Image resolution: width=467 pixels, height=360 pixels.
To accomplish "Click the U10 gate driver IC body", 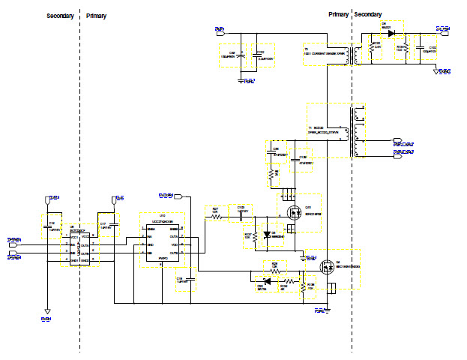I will [x=163, y=241].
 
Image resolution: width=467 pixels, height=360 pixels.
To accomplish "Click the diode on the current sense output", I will [x=391, y=33].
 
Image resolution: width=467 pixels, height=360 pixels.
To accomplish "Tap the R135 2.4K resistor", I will [x=371, y=49].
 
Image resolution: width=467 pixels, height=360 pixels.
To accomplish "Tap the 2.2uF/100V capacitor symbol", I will [x=257, y=55].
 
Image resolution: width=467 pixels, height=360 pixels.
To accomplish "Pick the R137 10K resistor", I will [x=254, y=235].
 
